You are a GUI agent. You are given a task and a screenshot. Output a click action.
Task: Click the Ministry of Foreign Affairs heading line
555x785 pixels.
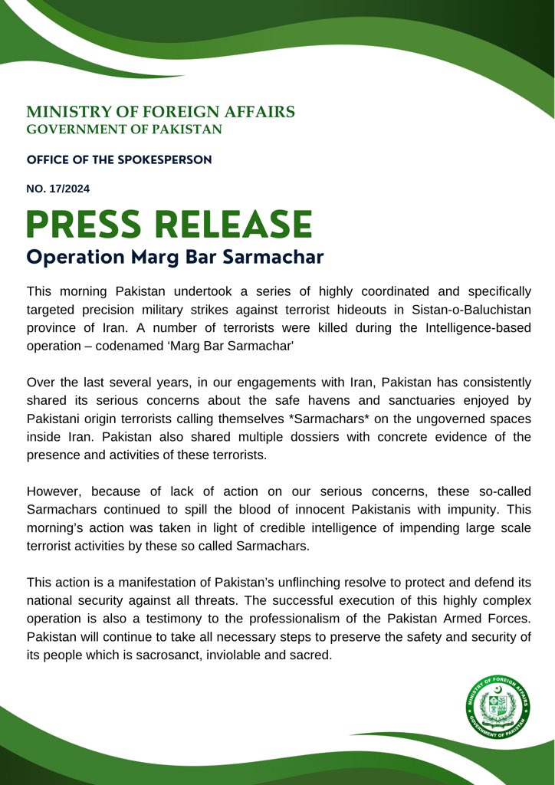tap(160, 112)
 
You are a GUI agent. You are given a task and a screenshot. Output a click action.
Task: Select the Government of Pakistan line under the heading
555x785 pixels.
tap(124, 130)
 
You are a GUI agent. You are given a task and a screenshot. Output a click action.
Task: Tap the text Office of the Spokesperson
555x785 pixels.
tap(119, 160)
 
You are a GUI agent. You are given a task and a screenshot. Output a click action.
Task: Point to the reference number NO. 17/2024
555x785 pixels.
tap(58, 188)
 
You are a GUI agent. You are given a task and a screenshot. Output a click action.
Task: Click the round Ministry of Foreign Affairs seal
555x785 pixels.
tap(498, 709)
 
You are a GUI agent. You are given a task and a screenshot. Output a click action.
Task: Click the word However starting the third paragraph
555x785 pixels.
tap(54, 490)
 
